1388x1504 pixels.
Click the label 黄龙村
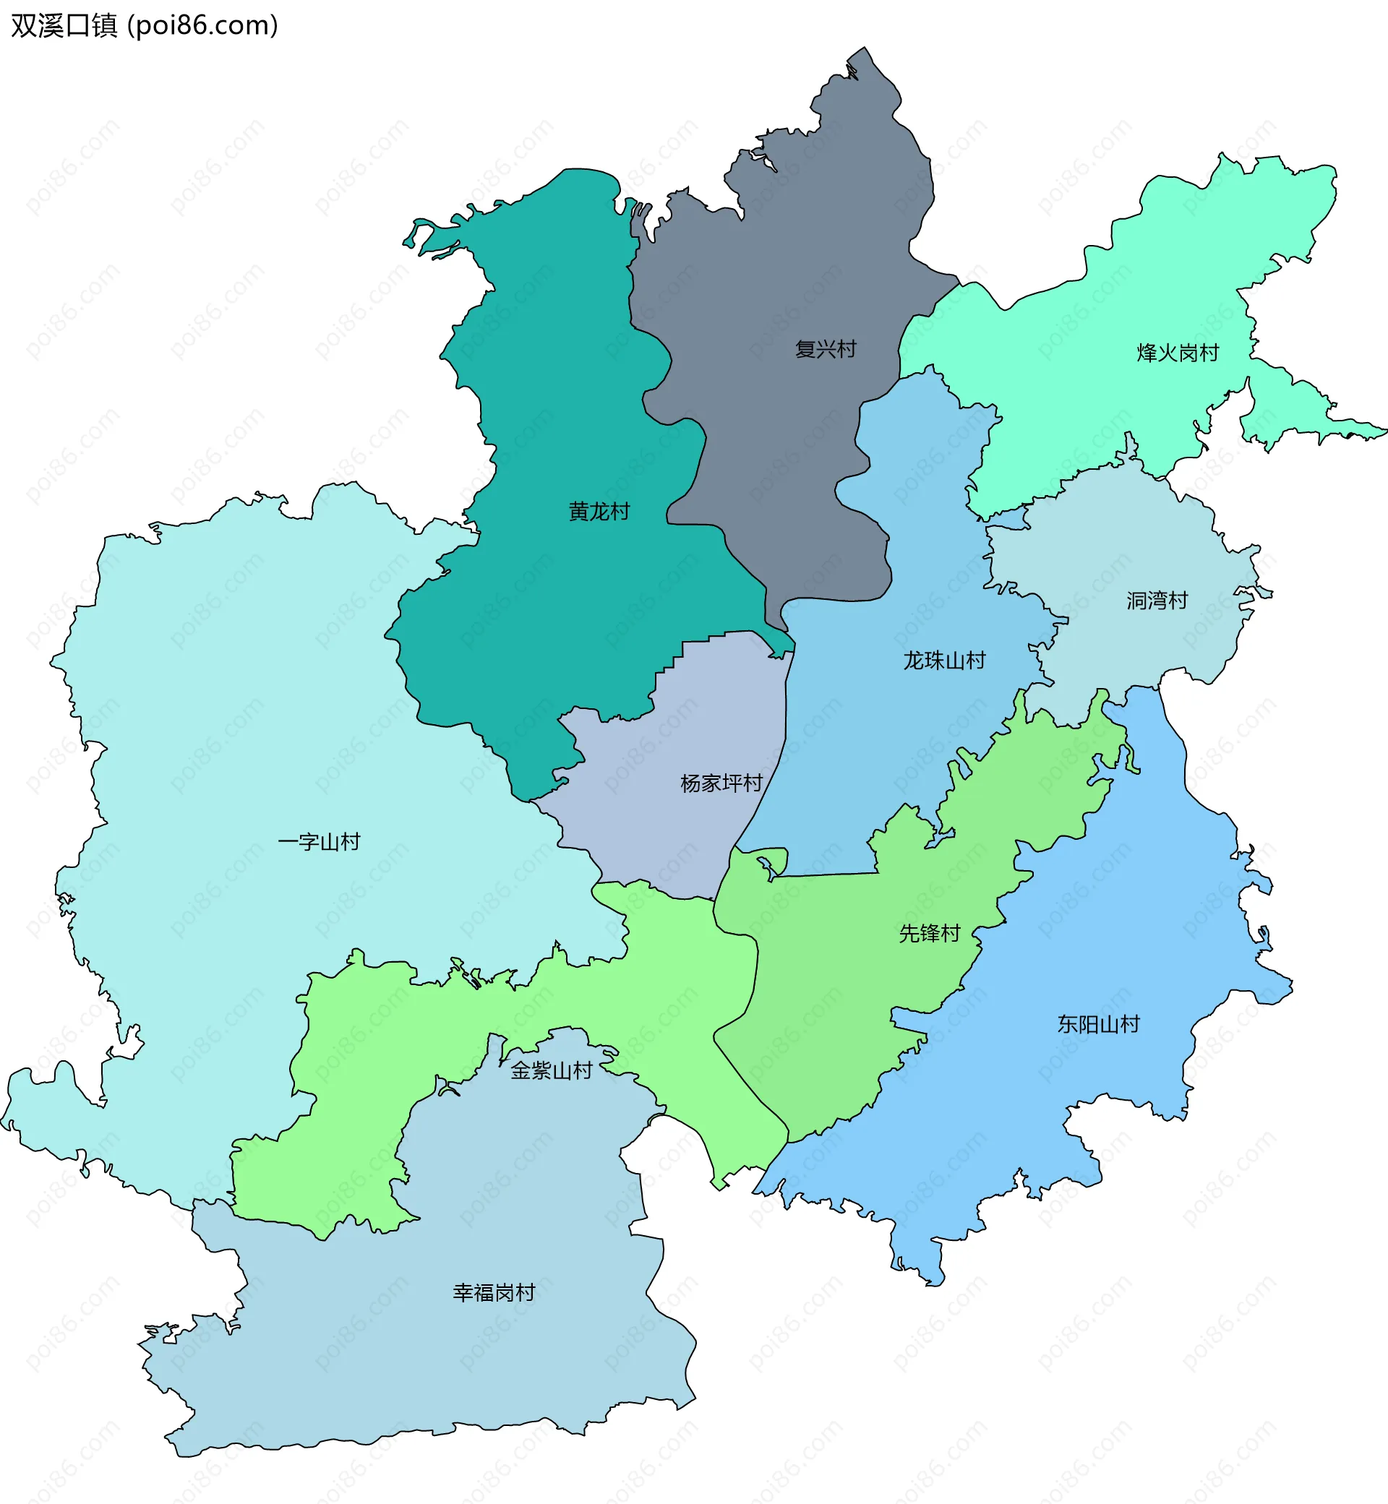599,512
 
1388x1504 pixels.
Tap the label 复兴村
826,349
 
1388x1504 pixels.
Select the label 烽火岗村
1178,353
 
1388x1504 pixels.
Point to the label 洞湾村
1157,601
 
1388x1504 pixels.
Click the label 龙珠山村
944,661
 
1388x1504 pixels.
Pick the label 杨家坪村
721,783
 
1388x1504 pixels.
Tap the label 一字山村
319,842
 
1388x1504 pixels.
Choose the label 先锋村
930,933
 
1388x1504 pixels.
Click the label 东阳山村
1098,1024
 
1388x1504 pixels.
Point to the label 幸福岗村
494,1292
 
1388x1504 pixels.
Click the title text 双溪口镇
64,25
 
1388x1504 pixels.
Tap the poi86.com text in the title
203,25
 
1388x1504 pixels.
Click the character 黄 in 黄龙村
578,512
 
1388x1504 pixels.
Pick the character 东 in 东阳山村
1067,1024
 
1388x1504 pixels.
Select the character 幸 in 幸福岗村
463,1292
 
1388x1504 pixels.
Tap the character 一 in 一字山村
288,842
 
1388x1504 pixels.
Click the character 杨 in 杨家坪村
690,783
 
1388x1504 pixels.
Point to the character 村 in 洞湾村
1178,601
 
